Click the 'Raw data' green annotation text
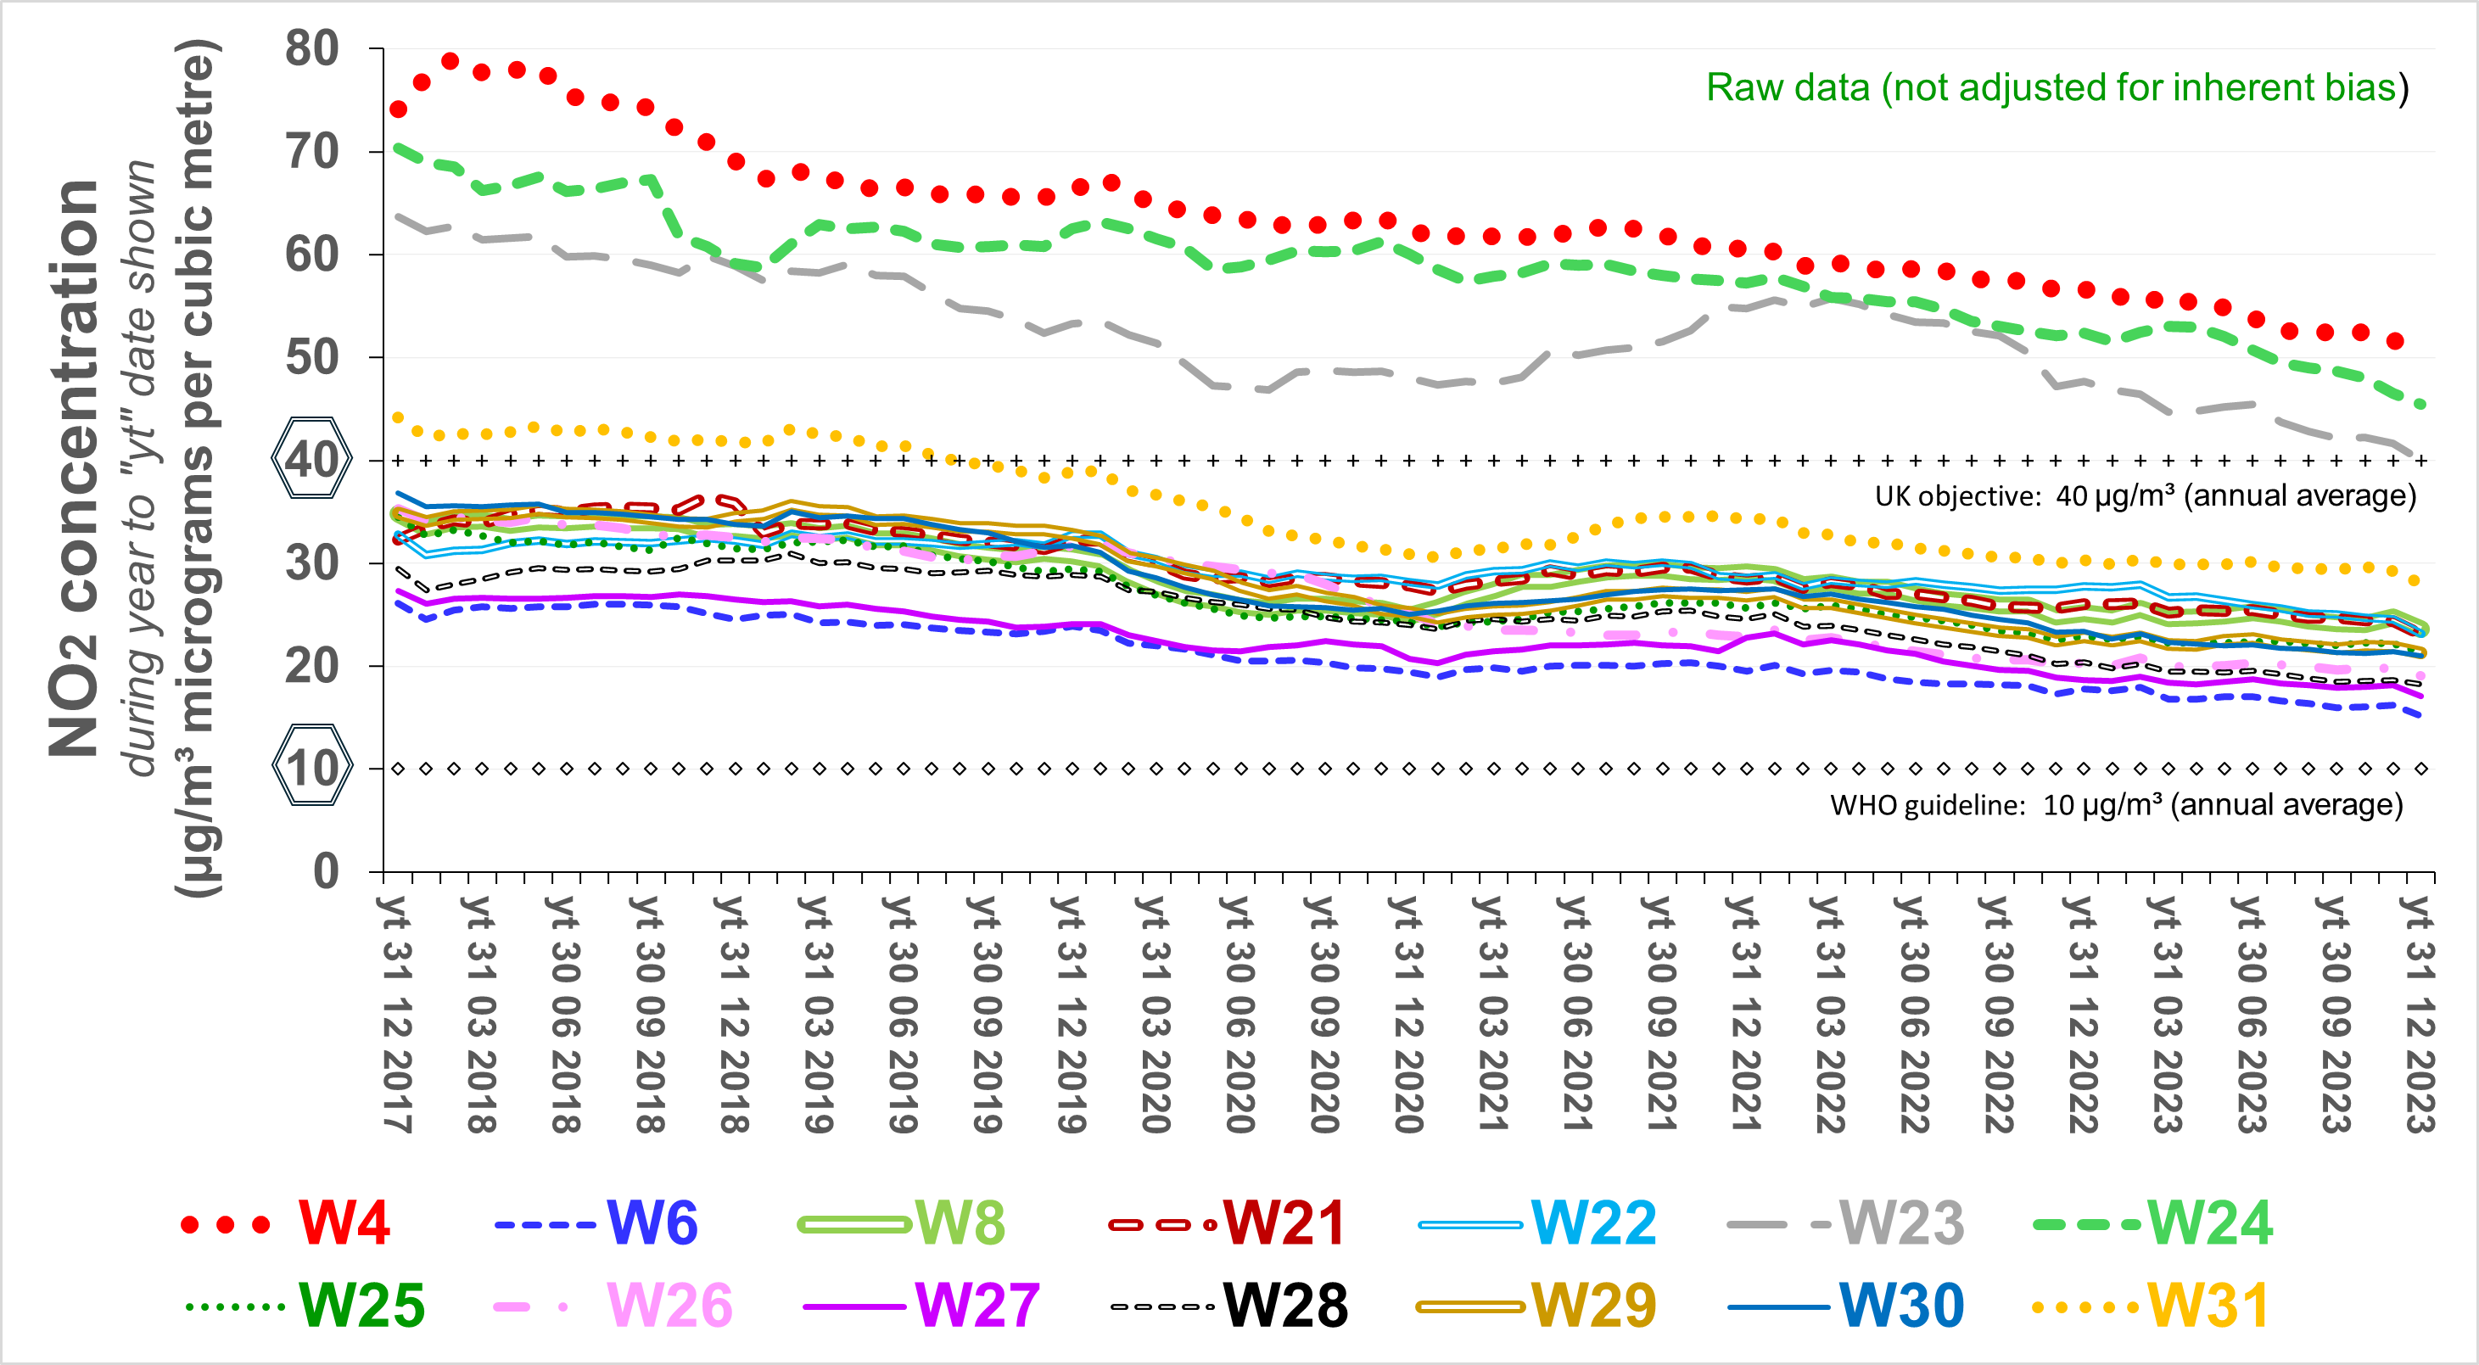pos(2057,87)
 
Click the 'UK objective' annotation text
pos(2145,495)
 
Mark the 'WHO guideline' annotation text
pos(2116,805)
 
